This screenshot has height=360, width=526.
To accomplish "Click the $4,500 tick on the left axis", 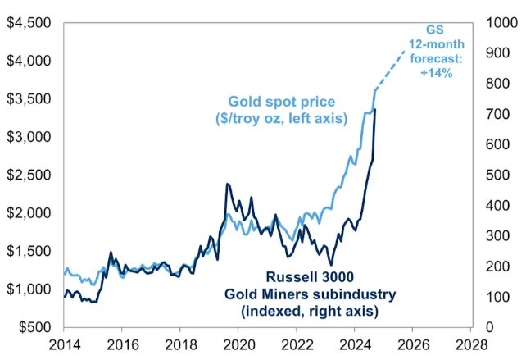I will (28, 22).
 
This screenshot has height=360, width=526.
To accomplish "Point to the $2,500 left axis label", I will (28, 175).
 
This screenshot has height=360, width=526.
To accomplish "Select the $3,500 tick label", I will (28, 98).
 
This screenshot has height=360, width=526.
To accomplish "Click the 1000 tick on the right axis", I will (500, 22).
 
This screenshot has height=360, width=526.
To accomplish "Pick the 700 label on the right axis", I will (497, 114).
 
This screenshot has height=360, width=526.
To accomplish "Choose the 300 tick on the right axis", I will (497, 236).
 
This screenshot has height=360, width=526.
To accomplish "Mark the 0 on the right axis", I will (489, 327).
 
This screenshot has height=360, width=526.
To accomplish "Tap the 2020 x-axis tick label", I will (238, 345).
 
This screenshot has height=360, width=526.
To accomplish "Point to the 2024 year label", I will (354, 345).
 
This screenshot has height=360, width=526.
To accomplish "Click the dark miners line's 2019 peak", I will (227, 185).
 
